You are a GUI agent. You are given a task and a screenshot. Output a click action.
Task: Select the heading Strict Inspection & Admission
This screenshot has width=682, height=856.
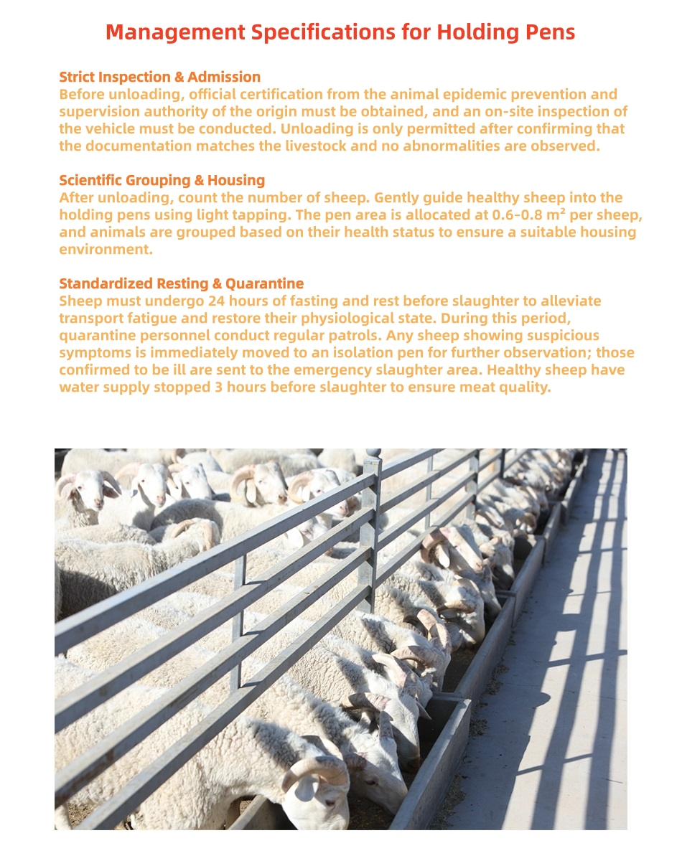coord(159,77)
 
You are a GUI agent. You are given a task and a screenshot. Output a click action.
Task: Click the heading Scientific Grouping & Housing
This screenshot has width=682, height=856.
coord(162,180)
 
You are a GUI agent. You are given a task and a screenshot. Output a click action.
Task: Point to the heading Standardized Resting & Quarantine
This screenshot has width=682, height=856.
coord(181,283)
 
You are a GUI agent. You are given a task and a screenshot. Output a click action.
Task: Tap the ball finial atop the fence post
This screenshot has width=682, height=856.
coord(372,455)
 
